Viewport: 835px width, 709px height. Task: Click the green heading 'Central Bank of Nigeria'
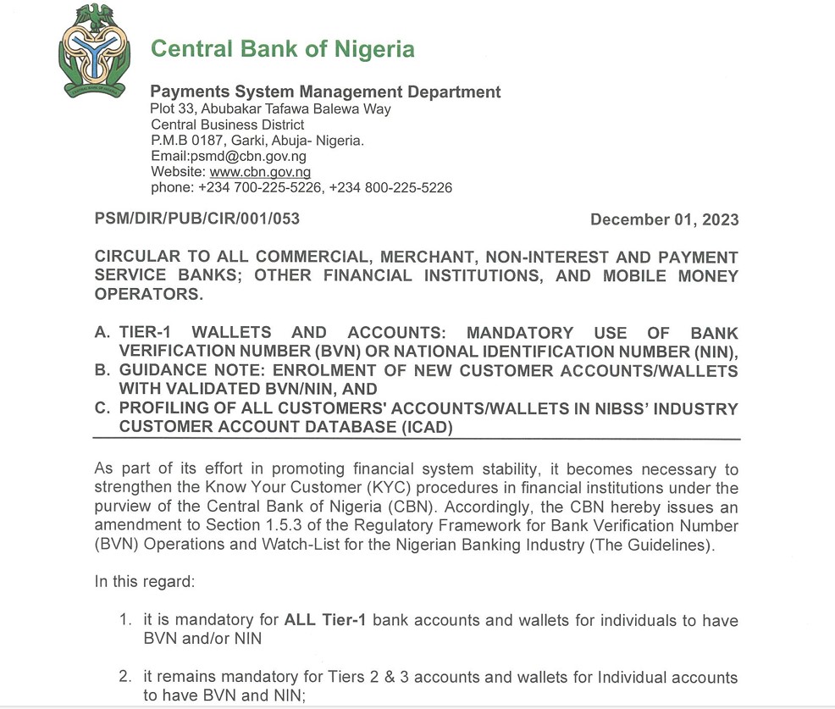(282, 48)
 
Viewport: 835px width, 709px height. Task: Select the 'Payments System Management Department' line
(325, 92)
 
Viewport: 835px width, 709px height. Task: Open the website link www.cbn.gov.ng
(254, 172)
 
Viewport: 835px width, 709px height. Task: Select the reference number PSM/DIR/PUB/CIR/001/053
(197, 219)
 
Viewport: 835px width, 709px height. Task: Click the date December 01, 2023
(664, 220)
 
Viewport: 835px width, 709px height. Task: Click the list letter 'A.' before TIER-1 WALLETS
(102, 334)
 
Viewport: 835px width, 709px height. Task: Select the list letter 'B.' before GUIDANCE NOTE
(102, 371)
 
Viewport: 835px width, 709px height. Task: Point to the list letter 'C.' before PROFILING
(102, 409)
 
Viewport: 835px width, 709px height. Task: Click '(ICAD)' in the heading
(423, 428)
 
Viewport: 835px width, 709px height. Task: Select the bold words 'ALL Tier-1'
(325, 620)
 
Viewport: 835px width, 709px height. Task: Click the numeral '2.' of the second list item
(126, 678)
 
